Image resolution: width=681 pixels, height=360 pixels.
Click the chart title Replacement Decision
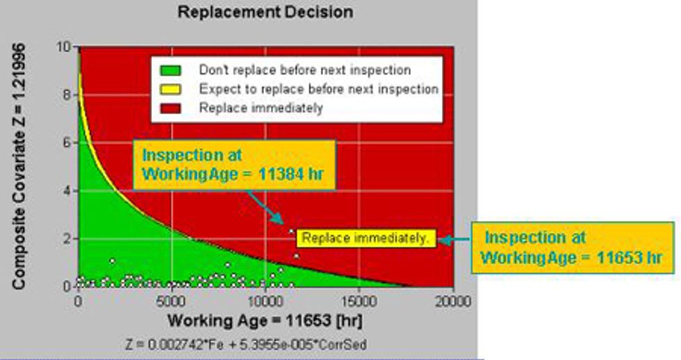click(265, 12)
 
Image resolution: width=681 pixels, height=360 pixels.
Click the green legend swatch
click(170, 70)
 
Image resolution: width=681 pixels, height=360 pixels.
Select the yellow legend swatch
click(170, 90)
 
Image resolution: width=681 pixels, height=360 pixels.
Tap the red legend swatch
click(170, 108)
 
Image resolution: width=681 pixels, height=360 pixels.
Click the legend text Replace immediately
click(261, 108)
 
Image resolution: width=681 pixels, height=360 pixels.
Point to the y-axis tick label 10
click(64, 47)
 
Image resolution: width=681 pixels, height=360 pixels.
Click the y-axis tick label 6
click(67, 142)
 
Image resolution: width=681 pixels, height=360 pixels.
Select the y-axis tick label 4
click(67, 190)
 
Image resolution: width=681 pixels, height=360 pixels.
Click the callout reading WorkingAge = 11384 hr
click(233, 174)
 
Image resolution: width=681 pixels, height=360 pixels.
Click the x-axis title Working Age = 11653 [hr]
click(265, 321)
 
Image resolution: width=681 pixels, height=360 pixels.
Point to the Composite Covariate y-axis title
click(19, 166)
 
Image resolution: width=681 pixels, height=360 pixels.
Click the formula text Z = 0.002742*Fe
click(174, 345)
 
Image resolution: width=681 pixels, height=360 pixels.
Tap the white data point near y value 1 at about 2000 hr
click(113, 261)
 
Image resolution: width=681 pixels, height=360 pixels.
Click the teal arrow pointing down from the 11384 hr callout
click(265, 208)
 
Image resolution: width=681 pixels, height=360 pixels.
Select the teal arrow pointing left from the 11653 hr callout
click(454, 240)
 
